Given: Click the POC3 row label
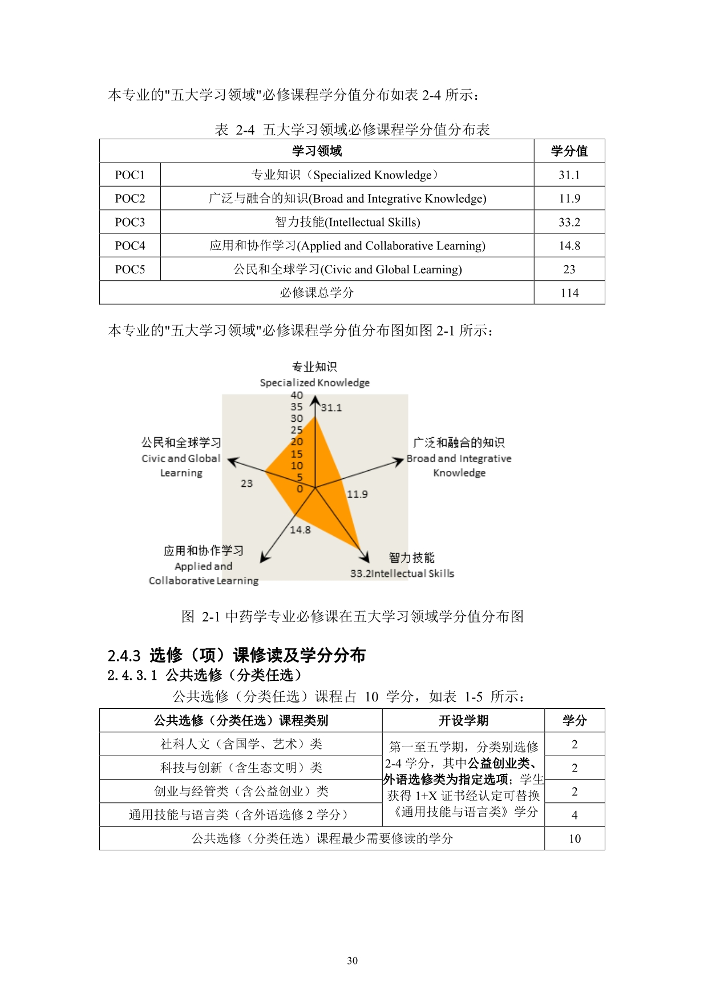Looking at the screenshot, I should coord(130,222).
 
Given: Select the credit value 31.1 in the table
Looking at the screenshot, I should coord(569,175).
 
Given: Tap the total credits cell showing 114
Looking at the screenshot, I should coord(569,293).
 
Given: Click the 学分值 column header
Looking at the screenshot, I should coord(569,151).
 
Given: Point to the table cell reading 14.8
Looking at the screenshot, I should coord(569,246).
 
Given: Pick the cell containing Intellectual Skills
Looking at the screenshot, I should coord(347,222).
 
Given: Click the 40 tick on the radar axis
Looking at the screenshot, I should coord(297,395).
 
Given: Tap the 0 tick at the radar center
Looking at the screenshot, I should coord(300,489).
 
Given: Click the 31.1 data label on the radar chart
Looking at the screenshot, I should coord(331,407).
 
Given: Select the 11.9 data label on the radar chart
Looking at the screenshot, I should coord(357,494).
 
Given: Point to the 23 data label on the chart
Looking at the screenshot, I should coord(246,483).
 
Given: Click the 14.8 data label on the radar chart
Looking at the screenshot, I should coord(300,530).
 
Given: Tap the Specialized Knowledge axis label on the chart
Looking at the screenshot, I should coord(314,382).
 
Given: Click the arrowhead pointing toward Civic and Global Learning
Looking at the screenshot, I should coord(232,460).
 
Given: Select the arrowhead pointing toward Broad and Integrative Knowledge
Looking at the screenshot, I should coord(399,461).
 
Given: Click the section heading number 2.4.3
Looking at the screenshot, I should coord(124,656).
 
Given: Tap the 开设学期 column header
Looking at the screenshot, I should coord(463,721).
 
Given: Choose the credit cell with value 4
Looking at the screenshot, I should coord(574,815).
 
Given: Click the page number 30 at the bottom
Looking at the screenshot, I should coord(352,961).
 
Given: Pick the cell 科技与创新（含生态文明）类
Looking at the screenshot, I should coord(241,768).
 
